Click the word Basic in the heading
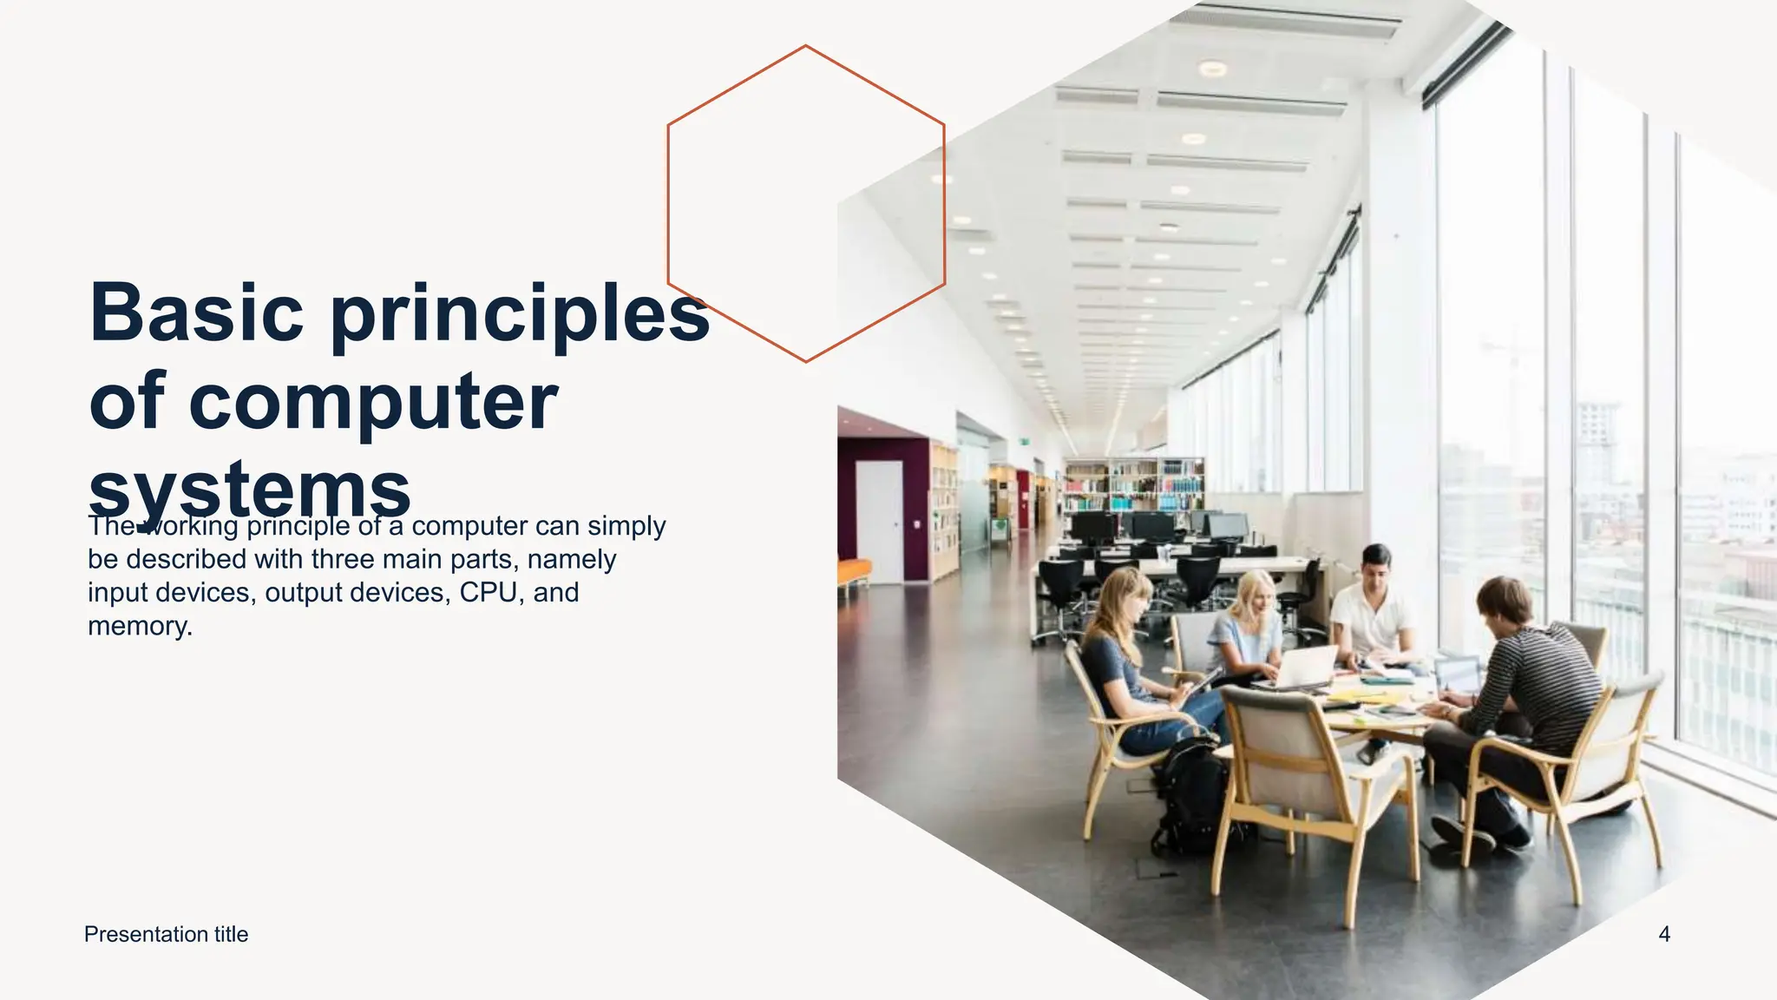pyautogui.click(x=197, y=312)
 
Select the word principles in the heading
pyautogui.click(x=520, y=314)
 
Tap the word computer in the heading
pyautogui.click(x=372, y=402)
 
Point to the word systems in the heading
pyautogui.click(x=249, y=489)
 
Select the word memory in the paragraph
pyautogui.click(x=138, y=626)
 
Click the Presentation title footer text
pyautogui.click(x=166, y=935)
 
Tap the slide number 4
pyautogui.click(x=1663, y=935)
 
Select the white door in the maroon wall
pyautogui.click(x=879, y=521)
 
